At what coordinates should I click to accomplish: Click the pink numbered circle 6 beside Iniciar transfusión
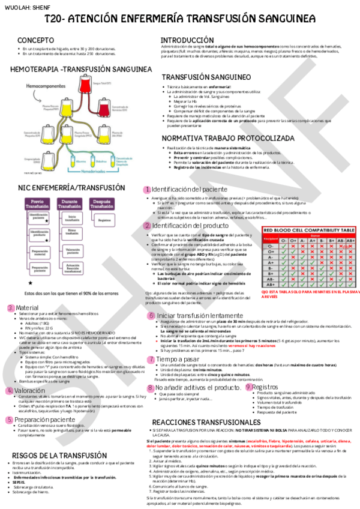click(x=151, y=315)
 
